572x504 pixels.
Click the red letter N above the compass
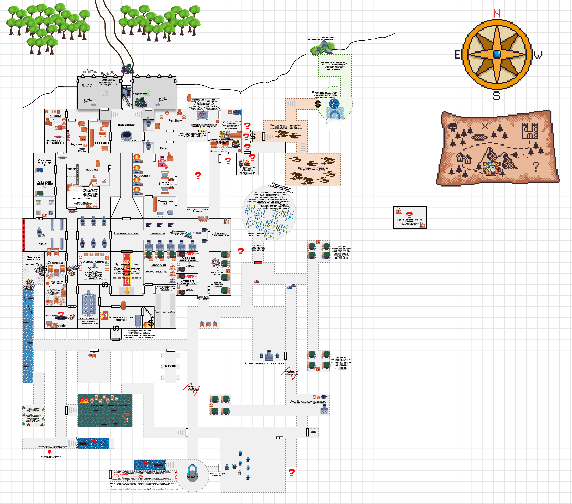point(497,13)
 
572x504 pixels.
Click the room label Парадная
point(127,125)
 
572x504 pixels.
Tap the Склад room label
point(56,116)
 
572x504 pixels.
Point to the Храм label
point(43,244)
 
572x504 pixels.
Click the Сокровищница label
point(94,262)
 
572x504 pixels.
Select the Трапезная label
point(88,318)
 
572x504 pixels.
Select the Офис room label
point(164,148)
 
